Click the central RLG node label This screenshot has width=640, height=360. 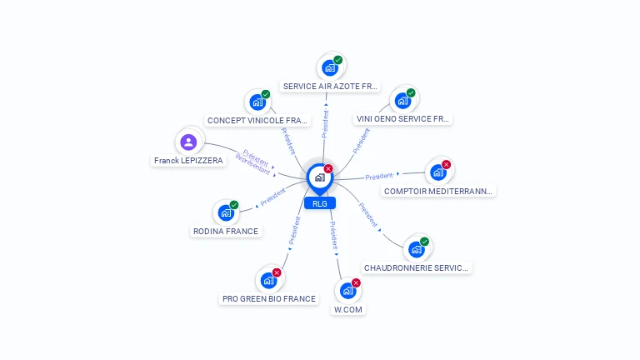tap(320, 203)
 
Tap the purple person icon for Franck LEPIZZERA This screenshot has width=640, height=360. tap(188, 142)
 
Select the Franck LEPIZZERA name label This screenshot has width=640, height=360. tap(188, 160)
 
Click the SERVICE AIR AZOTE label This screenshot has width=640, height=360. tap(330, 86)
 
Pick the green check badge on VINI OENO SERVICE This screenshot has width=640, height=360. tap(411, 93)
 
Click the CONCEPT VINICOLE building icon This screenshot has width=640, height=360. tap(257, 102)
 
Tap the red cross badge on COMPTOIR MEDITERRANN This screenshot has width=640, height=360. tap(446, 164)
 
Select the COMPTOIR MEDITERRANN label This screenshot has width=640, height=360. tap(438, 191)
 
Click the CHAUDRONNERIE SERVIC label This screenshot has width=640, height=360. tap(416, 267)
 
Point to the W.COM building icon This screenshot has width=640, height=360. tap(347, 291)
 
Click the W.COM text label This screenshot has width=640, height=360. tap(347, 309)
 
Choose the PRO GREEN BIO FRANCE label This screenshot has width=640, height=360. tap(269, 298)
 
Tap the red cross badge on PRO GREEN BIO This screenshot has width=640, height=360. tap(277, 272)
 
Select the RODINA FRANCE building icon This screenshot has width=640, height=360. tap(226, 213)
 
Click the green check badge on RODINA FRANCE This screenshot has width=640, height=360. tap(234, 205)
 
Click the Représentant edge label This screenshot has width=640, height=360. tap(253, 164)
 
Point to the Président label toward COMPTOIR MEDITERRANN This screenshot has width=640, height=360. tap(379, 177)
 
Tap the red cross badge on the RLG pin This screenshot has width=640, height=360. tap(328, 168)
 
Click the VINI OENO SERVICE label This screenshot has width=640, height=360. tap(402, 119)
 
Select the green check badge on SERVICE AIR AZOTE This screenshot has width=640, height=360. tap(338, 60)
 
